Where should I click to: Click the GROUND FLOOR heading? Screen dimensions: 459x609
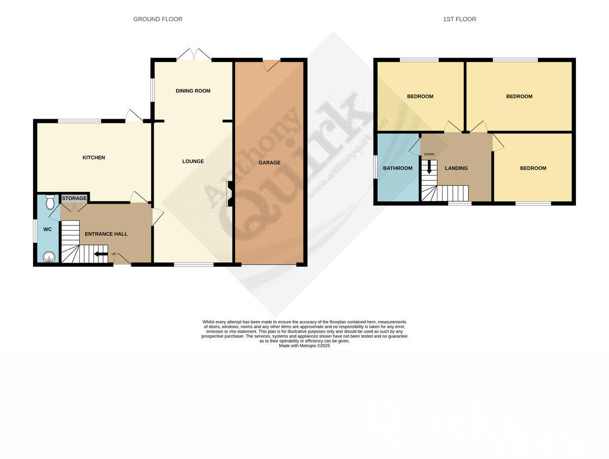157,19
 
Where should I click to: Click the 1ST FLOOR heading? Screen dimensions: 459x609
459,19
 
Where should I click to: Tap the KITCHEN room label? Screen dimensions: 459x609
94,157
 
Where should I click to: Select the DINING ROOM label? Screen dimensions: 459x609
193,91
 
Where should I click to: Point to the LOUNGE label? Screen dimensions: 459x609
193,161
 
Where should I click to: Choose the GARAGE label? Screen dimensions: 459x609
269,162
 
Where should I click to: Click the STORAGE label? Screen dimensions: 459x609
74,198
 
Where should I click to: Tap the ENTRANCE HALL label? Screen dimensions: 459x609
106,234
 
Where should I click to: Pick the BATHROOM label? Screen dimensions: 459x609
397,168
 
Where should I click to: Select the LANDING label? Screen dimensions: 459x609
456,168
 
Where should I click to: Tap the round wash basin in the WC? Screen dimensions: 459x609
49,257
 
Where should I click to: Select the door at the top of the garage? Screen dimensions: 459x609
271,65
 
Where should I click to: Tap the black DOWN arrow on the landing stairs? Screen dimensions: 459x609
429,167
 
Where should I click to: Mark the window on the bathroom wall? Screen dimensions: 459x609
375,167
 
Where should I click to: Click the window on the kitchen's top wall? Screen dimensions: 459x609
79,121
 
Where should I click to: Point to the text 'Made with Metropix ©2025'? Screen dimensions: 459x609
304,346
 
